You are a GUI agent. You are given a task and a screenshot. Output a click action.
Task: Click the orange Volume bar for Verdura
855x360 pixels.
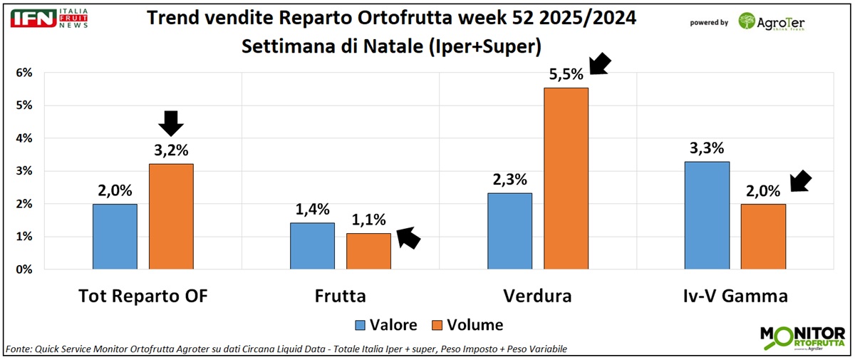(566, 178)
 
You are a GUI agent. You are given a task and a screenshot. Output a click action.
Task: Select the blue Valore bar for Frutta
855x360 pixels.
(312, 246)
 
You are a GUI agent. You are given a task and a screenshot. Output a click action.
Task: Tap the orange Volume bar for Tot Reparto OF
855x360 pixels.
(171, 216)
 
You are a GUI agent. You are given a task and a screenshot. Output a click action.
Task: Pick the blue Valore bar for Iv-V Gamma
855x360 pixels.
(707, 215)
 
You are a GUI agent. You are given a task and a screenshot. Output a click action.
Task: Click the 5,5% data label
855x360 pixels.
(566, 73)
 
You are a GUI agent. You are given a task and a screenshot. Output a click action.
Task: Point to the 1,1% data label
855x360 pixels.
(368, 220)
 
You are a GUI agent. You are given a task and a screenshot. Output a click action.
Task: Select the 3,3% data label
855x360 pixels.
(707, 148)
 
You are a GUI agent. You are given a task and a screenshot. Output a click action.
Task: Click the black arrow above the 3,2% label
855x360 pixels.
(171, 123)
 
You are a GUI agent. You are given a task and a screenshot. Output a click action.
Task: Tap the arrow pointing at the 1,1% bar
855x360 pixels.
(408, 237)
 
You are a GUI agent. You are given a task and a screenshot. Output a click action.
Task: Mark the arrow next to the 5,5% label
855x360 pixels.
(600, 63)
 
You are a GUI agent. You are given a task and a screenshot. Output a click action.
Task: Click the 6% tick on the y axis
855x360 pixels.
(24, 73)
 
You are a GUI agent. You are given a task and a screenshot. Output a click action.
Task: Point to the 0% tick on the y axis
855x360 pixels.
(24, 269)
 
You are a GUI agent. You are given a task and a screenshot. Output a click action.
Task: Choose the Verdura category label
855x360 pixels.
(537, 295)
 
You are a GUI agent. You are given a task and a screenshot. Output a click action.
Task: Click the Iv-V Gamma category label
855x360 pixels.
(735, 295)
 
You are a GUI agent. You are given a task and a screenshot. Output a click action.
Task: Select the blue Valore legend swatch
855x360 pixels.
(361, 325)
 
